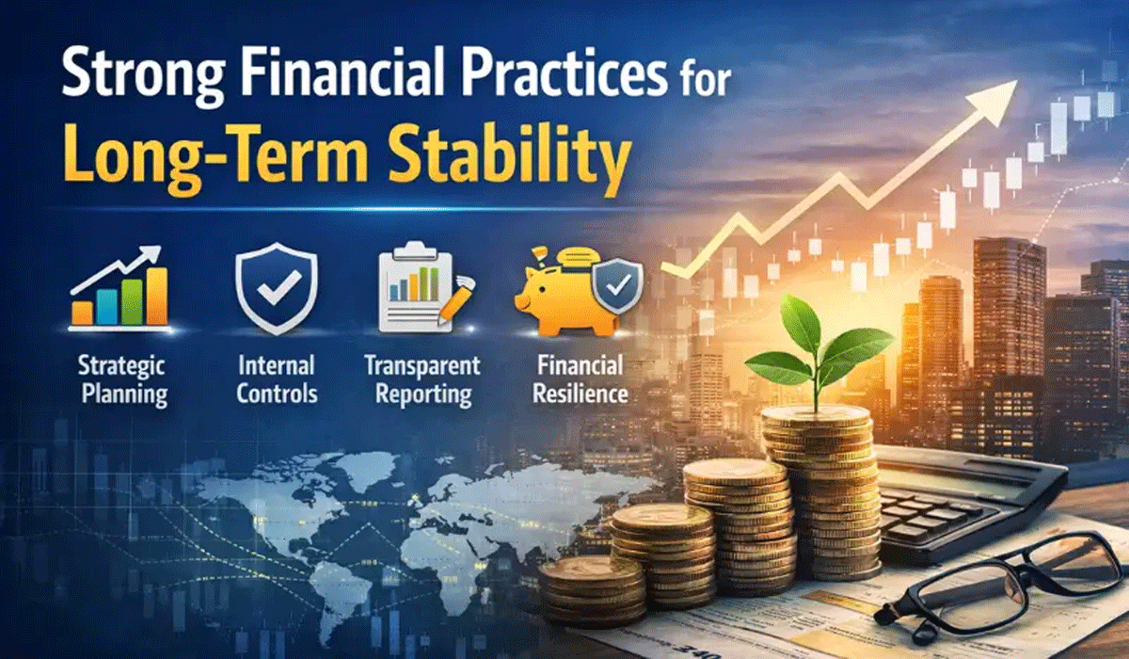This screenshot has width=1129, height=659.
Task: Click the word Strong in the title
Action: coord(143,76)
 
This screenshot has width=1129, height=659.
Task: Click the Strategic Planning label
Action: coord(123,380)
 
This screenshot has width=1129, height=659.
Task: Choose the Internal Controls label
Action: coord(277,379)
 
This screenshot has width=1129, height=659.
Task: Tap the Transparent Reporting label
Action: coord(422,380)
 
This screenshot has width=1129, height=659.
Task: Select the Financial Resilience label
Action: coord(580,379)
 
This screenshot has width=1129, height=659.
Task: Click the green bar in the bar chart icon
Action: coord(132,301)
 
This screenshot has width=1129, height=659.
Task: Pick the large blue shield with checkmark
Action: coord(277,288)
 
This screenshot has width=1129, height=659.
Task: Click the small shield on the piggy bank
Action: coord(618,286)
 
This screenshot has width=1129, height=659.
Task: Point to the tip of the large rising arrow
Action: coord(1017,81)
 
